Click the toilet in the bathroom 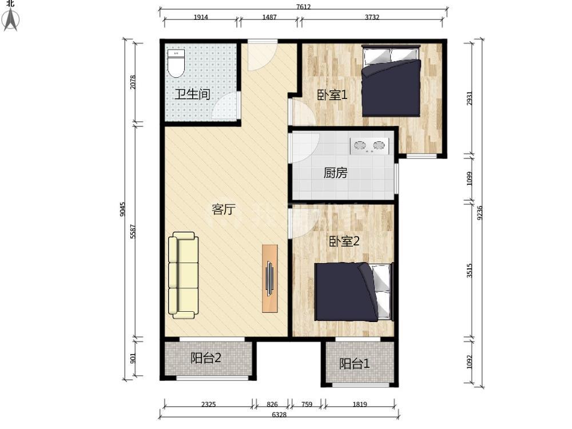pyautogui.click(x=177, y=63)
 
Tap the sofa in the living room pyautogui.click(x=183, y=276)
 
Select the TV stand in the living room pyautogui.click(x=269, y=279)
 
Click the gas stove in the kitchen pyautogui.click(x=369, y=145)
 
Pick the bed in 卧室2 pyautogui.click(x=354, y=292)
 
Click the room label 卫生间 pyautogui.click(x=192, y=94)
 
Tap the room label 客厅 pyautogui.click(x=224, y=209)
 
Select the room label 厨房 pyautogui.click(x=336, y=173)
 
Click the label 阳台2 pyautogui.click(x=206, y=358)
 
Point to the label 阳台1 pyautogui.click(x=355, y=363)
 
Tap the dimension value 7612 pyautogui.click(x=304, y=6)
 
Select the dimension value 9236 pyautogui.click(x=480, y=213)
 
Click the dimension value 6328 pyautogui.click(x=280, y=414)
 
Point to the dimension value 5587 pyautogui.click(x=133, y=231)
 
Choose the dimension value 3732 pyautogui.click(x=372, y=17)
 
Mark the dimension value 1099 pyautogui.click(x=470, y=178)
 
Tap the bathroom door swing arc pyautogui.click(x=224, y=105)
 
